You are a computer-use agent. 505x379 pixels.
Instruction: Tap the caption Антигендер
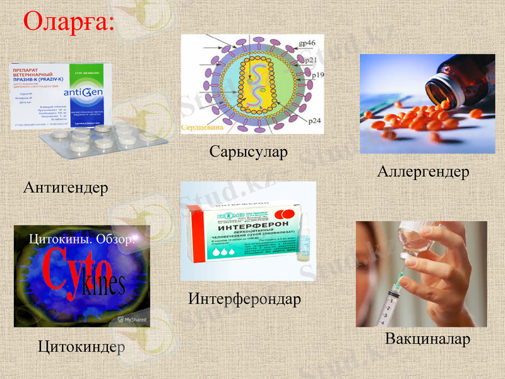(x=66, y=188)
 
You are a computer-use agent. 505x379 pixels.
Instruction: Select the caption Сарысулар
(x=248, y=152)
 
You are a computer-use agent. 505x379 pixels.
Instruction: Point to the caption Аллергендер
(x=423, y=172)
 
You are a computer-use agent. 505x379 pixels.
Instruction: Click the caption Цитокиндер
(x=81, y=346)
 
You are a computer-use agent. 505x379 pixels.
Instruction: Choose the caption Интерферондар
(x=244, y=299)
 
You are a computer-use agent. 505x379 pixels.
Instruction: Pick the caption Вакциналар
(x=427, y=339)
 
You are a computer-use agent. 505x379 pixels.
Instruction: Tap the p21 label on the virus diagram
(x=310, y=60)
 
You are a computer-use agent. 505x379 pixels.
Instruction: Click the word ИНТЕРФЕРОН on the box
(x=252, y=224)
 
